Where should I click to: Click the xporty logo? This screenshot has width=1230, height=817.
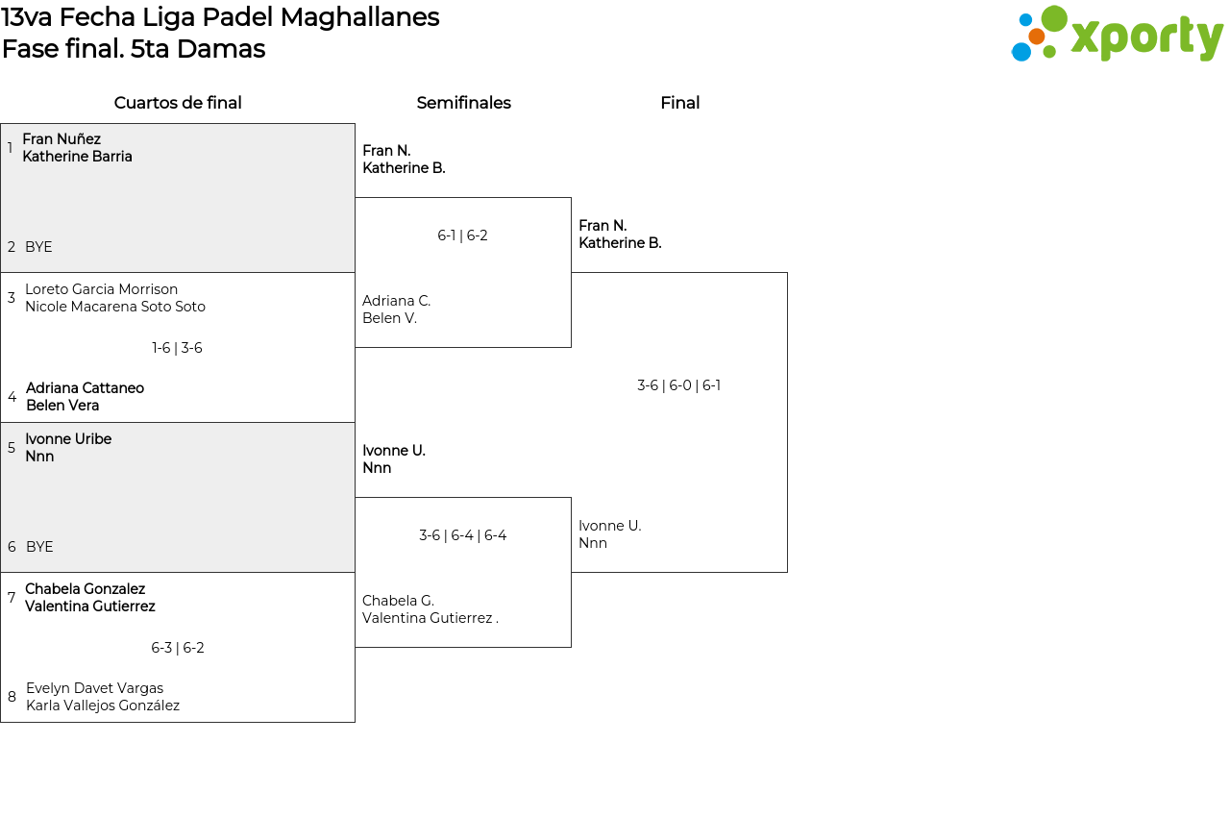pyautogui.click(x=1117, y=34)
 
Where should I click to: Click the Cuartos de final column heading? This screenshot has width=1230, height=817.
pyautogui.click(x=178, y=103)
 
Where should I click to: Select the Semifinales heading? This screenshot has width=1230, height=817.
pyautogui.click(x=463, y=103)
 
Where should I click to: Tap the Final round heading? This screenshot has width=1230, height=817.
pyautogui.click(x=679, y=103)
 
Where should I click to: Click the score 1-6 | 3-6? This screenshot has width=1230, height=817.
pyautogui.click(x=177, y=348)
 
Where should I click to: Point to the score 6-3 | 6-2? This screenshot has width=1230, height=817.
pyautogui.click(x=178, y=648)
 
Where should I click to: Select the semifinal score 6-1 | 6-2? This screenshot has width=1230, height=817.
pyautogui.click(x=462, y=235)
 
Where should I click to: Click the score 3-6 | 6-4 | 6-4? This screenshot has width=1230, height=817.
pyautogui.click(x=462, y=535)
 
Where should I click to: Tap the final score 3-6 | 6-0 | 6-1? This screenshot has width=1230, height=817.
pyautogui.click(x=678, y=385)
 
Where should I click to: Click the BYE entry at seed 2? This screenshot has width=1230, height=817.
pyautogui.click(x=38, y=247)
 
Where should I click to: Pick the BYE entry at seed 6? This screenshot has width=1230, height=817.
pyautogui.click(x=39, y=547)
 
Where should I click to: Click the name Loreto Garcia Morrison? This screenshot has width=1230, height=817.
pyautogui.click(x=102, y=289)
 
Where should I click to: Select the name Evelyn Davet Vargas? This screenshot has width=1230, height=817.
pyautogui.click(x=94, y=688)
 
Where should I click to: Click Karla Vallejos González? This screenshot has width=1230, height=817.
pyautogui.click(x=103, y=706)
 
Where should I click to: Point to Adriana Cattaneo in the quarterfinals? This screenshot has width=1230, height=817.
pyautogui.click(x=86, y=388)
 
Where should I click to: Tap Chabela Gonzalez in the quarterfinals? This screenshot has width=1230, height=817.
pyautogui.click(x=86, y=589)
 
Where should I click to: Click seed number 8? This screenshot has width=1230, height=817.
pyautogui.click(x=12, y=697)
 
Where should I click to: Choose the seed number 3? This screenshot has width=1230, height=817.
pyautogui.click(x=12, y=298)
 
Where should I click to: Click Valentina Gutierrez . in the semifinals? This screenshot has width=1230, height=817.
pyautogui.click(x=430, y=618)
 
